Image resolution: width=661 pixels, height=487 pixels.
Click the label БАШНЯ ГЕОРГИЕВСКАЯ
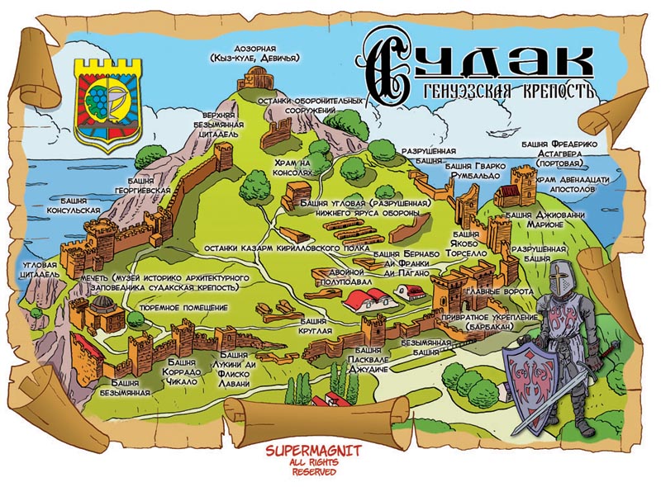150,185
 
